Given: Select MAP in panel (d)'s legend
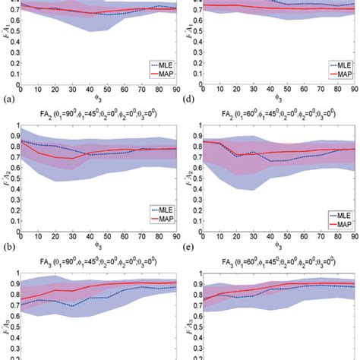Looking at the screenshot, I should click(x=342, y=76).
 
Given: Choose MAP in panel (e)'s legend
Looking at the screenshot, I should click(x=342, y=225).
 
